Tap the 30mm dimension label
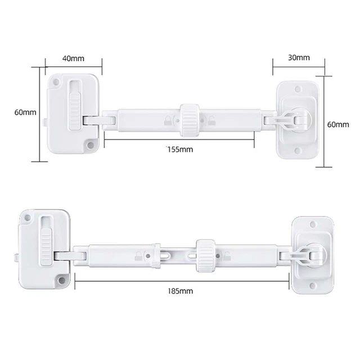pos(298,57)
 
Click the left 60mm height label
pos(25,112)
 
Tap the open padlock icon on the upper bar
pos(211,119)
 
